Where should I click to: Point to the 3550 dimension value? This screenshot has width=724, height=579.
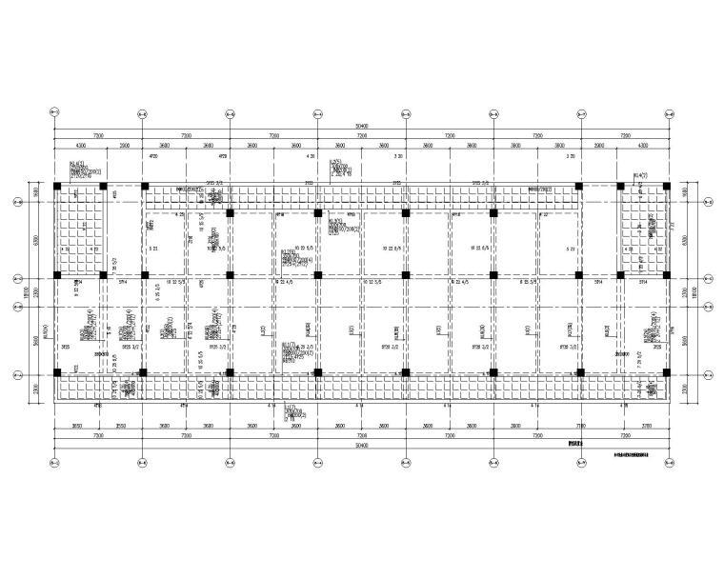[121, 425]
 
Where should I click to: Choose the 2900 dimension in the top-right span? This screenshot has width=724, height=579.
[599, 145]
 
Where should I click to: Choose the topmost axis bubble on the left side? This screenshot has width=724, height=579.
[17, 202]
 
